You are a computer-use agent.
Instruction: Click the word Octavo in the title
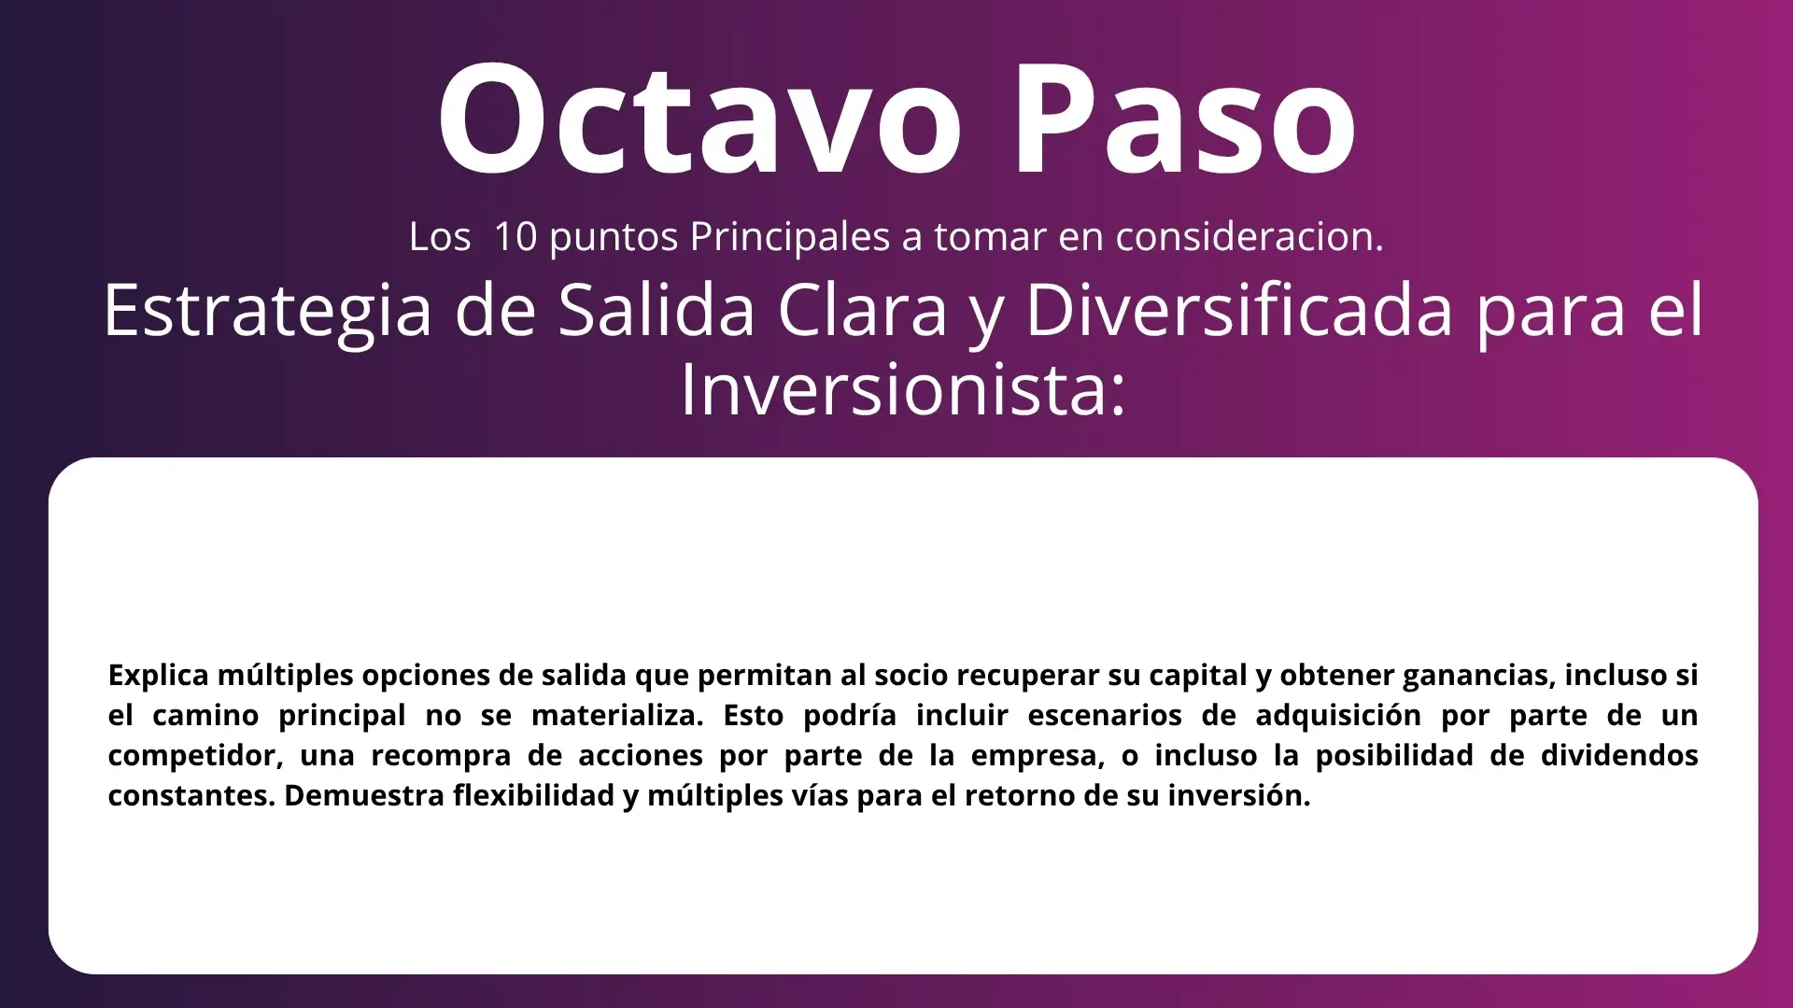click(699, 119)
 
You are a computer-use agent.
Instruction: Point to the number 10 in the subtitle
click(515, 237)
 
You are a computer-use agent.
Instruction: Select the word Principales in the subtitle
click(790, 237)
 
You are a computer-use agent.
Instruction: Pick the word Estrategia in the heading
click(268, 312)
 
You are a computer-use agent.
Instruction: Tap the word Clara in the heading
click(864, 310)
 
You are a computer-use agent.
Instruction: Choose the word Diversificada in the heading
click(1240, 310)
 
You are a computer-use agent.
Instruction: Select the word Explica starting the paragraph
click(158, 676)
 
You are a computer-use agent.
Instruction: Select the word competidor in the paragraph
click(192, 755)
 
